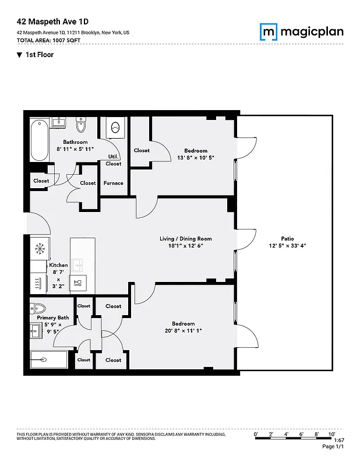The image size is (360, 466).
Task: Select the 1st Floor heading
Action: pos(39,55)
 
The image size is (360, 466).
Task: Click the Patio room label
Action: pos(287,239)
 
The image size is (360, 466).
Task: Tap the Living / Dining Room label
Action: pos(186,239)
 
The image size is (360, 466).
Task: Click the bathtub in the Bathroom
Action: pos(39,140)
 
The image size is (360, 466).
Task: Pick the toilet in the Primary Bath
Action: pos(39,309)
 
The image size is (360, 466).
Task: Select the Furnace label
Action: pos(114,183)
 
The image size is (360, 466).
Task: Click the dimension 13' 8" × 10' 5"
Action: pos(191,157)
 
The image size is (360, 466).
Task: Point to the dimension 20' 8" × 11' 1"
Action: pos(183,331)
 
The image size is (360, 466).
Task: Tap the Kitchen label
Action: pos(58,265)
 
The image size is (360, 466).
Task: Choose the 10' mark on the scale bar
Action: pos(331,435)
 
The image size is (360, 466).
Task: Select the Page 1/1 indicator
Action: pos(334,446)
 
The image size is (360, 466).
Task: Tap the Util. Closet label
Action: pos(114,160)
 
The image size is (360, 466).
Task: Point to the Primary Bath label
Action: pos(53,317)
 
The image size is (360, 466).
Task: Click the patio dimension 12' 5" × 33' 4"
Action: pos(287,246)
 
